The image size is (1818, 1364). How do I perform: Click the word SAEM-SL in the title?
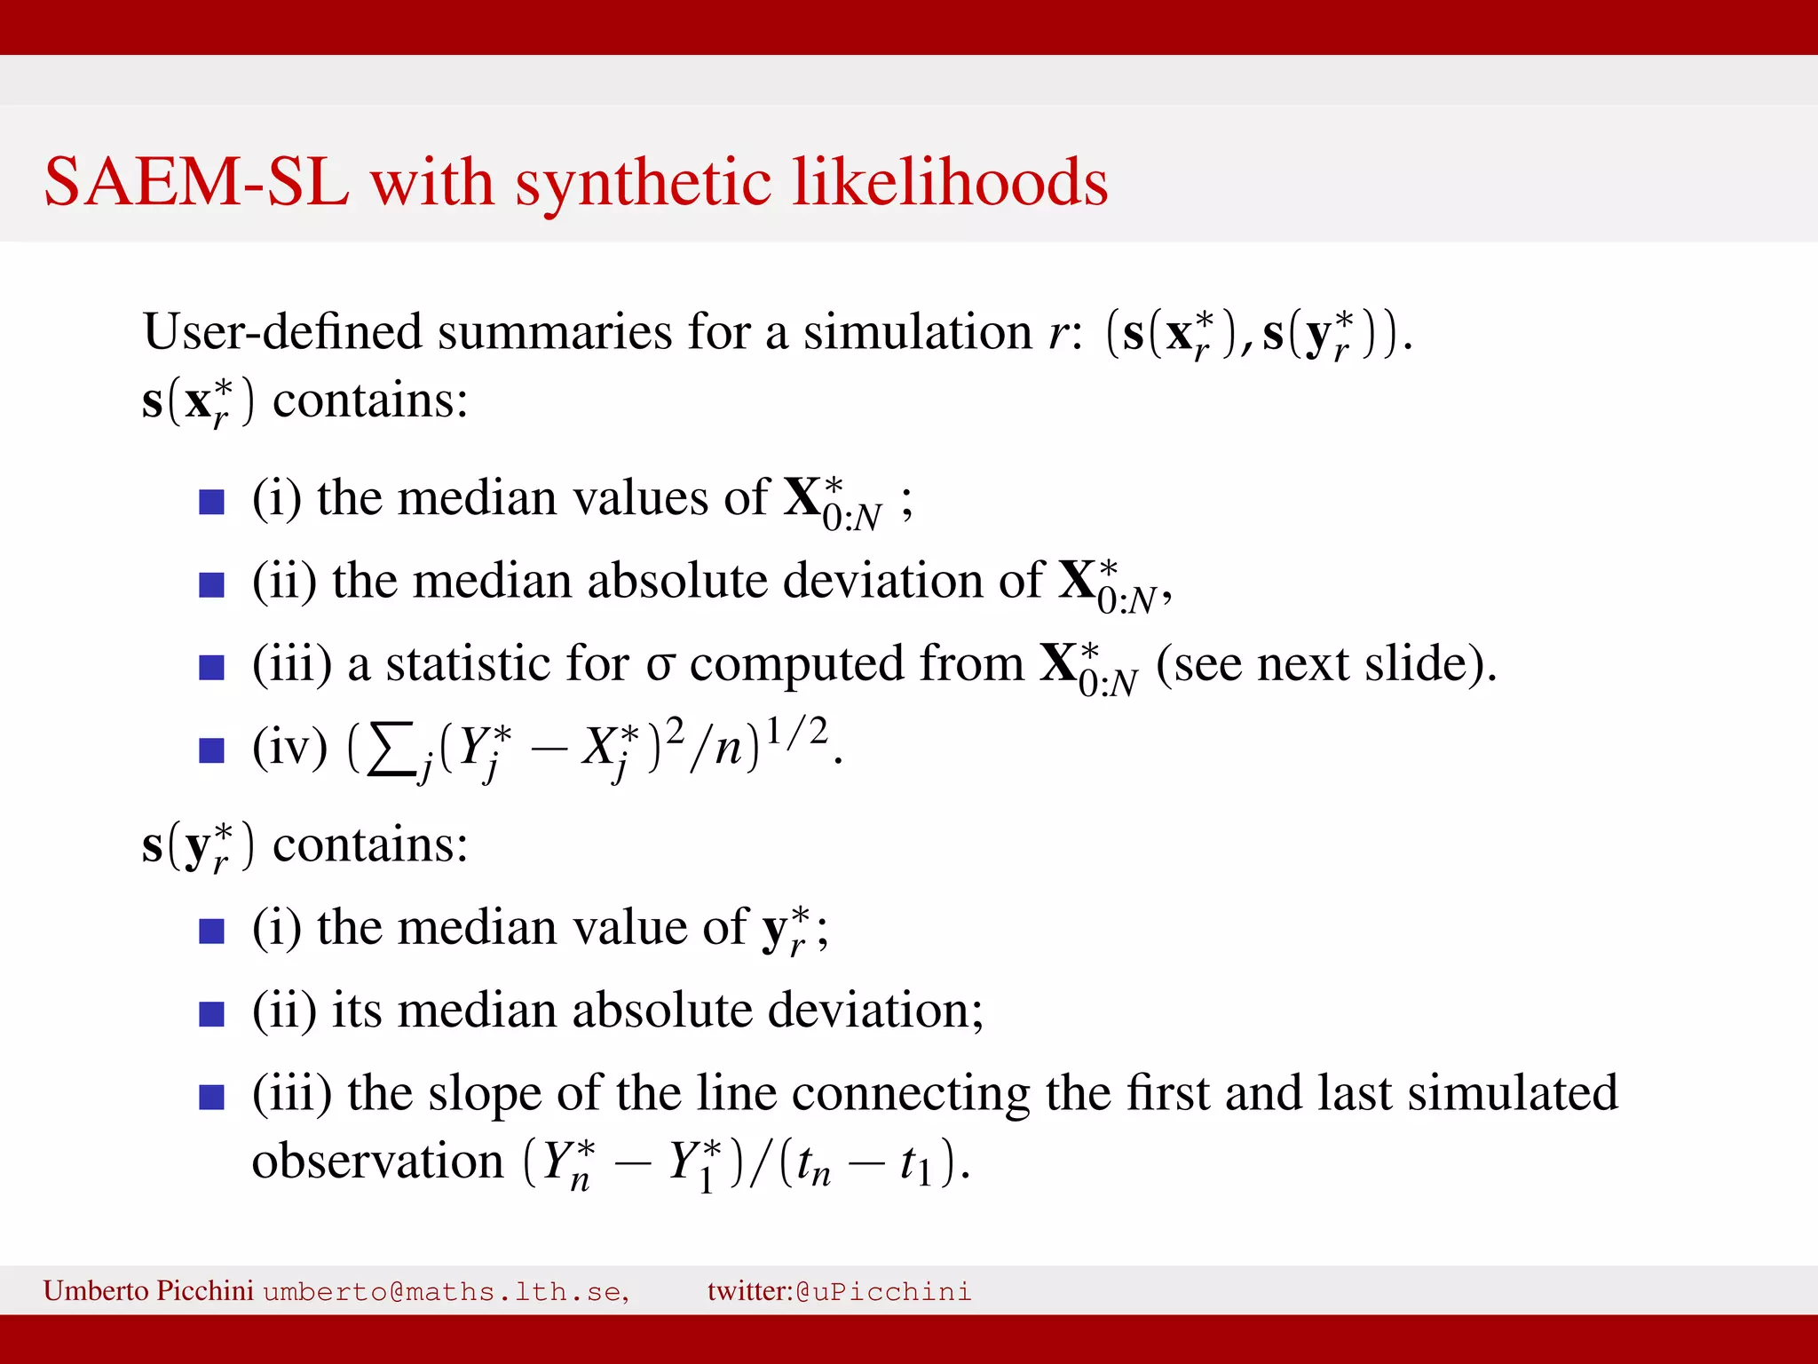(x=196, y=183)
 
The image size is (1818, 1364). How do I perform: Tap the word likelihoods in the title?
(x=949, y=183)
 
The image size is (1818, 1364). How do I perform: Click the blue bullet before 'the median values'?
(x=211, y=502)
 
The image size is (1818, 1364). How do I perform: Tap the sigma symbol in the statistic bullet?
(x=660, y=665)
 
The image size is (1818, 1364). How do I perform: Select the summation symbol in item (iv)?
(x=392, y=748)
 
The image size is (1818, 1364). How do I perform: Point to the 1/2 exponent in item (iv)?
(x=796, y=731)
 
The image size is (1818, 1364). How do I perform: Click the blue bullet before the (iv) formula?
(x=211, y=750)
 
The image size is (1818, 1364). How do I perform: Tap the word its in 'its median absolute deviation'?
(x=356, y=1011)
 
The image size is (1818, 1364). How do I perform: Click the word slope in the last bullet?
(x=484, y=1093)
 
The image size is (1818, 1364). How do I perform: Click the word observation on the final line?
(x=377, y=1162)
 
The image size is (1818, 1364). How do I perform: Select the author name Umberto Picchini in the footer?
(x=148, y=1290)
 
